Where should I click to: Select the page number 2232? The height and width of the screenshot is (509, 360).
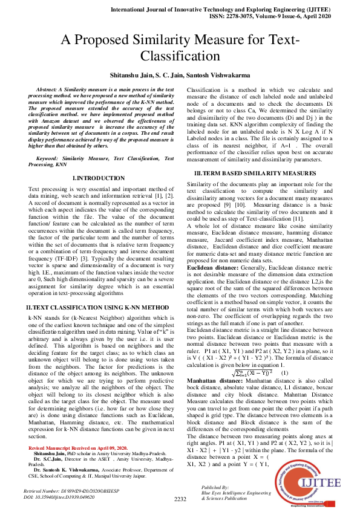180,499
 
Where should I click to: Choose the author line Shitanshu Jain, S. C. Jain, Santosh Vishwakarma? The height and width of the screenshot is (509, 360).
180,75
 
